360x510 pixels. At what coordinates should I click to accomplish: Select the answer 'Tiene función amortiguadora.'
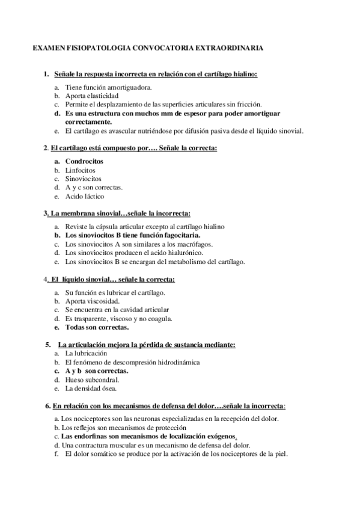tap(104, 87)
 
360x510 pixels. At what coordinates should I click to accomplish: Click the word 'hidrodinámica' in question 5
tap(174, 363)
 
